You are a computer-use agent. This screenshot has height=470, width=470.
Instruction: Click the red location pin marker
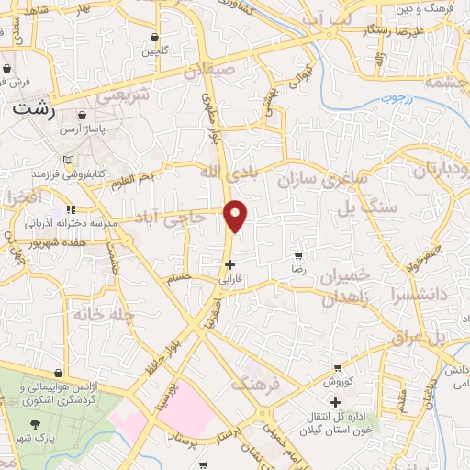click(237, 215)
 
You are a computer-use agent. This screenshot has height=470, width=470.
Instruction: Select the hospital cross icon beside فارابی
click(229, 263)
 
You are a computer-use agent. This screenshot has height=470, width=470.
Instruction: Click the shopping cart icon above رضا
click(298, 256)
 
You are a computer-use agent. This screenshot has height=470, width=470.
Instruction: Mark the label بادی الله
click(222, 172)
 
